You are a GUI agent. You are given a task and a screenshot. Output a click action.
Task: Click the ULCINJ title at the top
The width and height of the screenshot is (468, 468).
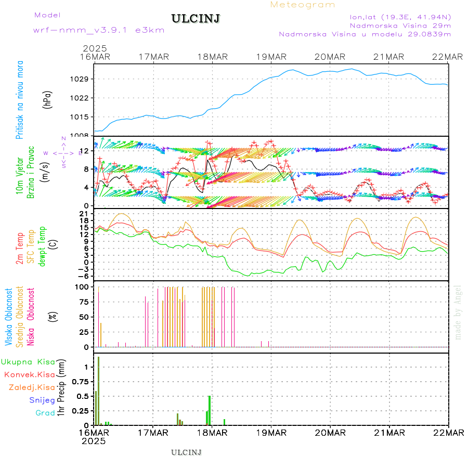[x=196, y=19]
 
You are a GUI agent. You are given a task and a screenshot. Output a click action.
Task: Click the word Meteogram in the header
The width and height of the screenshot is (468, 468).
[x=303, y=5]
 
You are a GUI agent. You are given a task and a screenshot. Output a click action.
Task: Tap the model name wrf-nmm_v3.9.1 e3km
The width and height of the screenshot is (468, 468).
[x=99, y=30]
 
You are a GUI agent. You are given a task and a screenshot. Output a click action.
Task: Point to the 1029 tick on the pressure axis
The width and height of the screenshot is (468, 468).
[x=83, y=79]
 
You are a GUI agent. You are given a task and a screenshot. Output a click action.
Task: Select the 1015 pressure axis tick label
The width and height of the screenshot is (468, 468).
[x=83, y=116]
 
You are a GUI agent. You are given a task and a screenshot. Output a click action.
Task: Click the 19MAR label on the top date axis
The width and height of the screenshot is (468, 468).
[x=271, y=57]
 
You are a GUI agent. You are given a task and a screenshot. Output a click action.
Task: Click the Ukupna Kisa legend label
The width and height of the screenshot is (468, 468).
[x=28, y=361]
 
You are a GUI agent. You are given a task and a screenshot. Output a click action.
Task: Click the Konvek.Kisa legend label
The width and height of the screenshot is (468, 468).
[x=29, y=374]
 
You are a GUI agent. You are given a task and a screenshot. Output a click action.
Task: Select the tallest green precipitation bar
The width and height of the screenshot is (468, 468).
[x=99, y=390]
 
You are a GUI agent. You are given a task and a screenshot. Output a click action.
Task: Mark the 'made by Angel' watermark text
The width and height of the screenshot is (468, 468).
[x=458, y=312]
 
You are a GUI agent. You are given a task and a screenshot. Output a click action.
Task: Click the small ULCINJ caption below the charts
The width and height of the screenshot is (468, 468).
[x=186, y=452]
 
